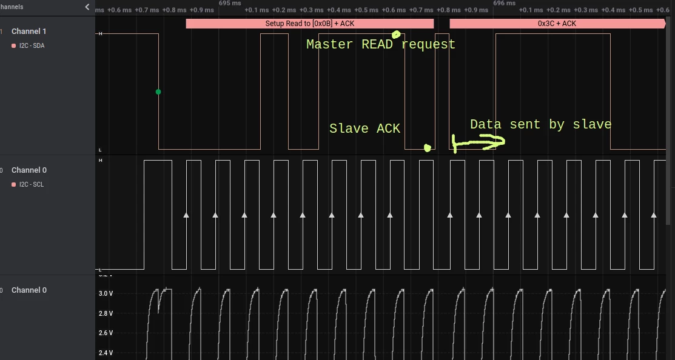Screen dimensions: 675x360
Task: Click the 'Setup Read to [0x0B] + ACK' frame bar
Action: coord(309,24)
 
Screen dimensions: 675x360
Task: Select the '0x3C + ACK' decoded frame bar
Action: coord(557,24)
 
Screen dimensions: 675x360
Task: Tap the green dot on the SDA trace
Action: coord(158,92)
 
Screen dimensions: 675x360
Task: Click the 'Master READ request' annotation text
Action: coord(380,44)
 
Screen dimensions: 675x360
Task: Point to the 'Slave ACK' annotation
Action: coord(364,128)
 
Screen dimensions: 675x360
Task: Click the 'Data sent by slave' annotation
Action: coord(541,124)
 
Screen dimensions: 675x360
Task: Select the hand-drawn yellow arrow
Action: coord(479,142)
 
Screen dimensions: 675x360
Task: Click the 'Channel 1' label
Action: coord(29,31)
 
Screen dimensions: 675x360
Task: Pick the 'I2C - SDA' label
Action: coord(32,45)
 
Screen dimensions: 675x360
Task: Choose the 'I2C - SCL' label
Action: coord(32,184)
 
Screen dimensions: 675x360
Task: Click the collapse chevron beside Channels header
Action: coord(87,7)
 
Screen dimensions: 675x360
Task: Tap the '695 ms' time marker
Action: coord(230,3)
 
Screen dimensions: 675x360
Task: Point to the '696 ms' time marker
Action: coord(504,3)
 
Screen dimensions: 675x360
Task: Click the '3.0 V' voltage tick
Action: coord(106,293)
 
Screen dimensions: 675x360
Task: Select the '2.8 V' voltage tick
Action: coord(106,313)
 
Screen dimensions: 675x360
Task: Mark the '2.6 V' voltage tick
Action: coord(106,333)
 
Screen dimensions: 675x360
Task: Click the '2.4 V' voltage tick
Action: coord(106,353)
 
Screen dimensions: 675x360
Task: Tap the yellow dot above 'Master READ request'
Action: coord(396,35)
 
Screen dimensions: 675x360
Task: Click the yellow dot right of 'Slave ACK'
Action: coord(427,148)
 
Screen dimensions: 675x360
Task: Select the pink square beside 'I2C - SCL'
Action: coord(14,184)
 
